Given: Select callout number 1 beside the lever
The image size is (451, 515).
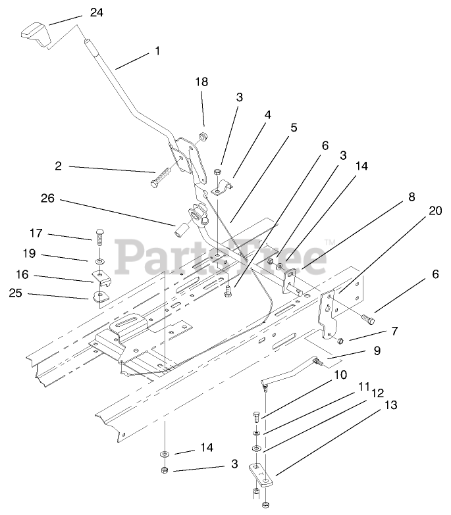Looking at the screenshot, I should [x=157, y=51].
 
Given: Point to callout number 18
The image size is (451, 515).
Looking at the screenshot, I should [x=201, y=82].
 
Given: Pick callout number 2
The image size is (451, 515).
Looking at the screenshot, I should [x=58, y=166].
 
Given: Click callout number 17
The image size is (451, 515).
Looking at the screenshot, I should [x=37, y=232].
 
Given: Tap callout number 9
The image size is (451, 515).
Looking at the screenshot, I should [x=377, y=351].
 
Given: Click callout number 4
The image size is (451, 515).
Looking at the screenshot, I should [x=267, y=114].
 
